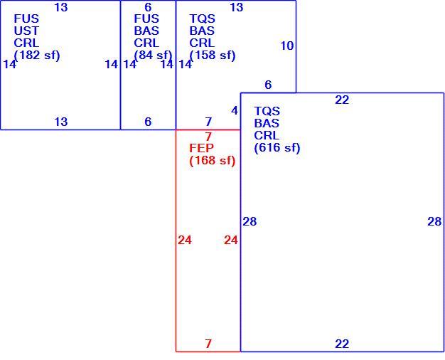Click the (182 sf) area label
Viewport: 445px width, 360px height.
tap(37, 55)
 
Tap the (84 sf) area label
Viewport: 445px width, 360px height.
tap(153, 55)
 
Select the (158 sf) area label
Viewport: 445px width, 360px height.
tap(213, 55)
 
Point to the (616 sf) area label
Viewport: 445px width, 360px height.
tap(277, 148)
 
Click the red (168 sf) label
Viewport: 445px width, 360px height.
tap(213, 161)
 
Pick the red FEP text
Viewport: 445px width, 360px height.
tap(201, 148)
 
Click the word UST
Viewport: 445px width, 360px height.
tap(26, 31)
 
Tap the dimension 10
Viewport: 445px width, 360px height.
tap(287, 46)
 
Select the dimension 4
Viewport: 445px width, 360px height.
tap(235, 110)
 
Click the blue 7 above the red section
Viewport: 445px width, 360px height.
tap(208, 122)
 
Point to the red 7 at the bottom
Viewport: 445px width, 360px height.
tap(208, 344)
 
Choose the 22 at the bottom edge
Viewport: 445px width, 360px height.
tap(342, 344)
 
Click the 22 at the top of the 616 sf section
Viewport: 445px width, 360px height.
tap(342, 100)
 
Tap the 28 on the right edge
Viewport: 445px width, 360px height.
tap(434, 222)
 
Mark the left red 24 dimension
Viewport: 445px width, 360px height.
tap(185, 240)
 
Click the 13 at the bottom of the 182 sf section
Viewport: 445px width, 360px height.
tap(61, 122)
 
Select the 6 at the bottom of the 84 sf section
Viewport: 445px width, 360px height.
tap(148, 122)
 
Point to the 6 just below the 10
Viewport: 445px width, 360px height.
tap(268, 85)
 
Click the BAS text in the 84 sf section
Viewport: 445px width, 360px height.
tap(146, 31)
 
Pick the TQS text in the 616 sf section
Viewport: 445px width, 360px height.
tap(267, 111)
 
